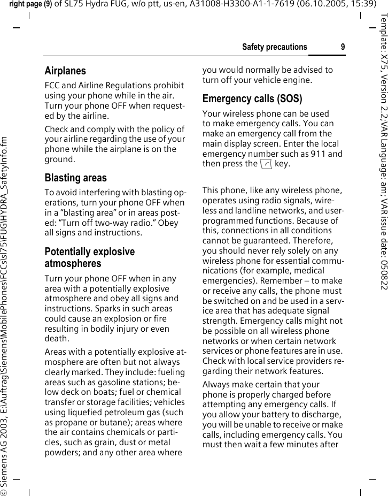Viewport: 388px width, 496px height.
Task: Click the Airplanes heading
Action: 65,71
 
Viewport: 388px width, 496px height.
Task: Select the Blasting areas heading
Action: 75,178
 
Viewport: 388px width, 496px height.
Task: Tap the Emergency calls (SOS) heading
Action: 252,99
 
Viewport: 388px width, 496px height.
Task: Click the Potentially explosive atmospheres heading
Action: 89,257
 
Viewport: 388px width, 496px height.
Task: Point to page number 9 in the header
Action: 343,47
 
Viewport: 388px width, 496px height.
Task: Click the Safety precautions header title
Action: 274,47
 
